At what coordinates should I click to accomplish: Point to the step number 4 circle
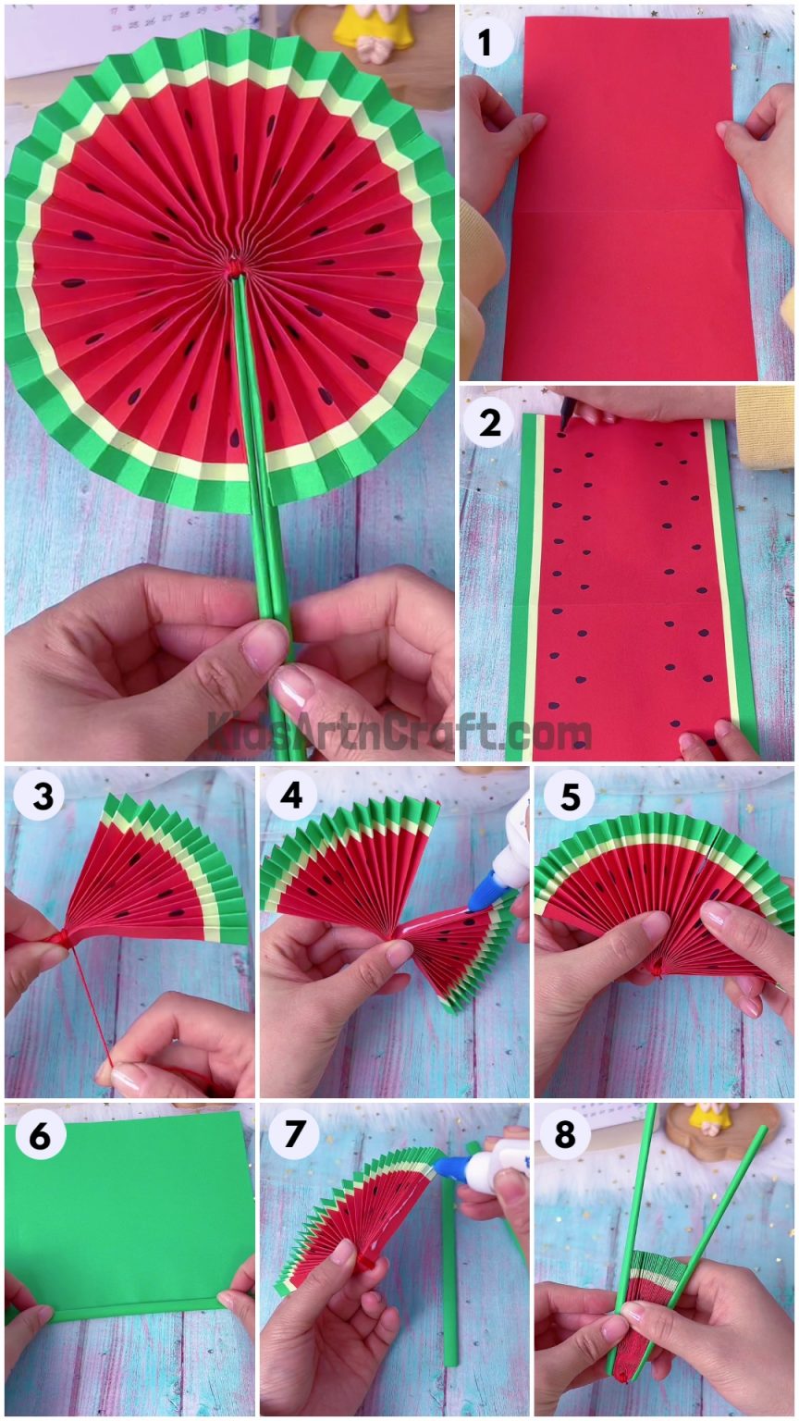[x=291, y=794]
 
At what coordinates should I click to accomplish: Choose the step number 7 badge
[x=291, y=1134]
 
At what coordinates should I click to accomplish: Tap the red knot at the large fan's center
[x=236, y=267]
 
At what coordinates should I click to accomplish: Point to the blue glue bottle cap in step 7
[x=451, y=1167]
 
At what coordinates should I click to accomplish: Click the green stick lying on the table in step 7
[x=449, y=1277]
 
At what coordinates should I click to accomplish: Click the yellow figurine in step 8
[x=709, y=1119]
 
